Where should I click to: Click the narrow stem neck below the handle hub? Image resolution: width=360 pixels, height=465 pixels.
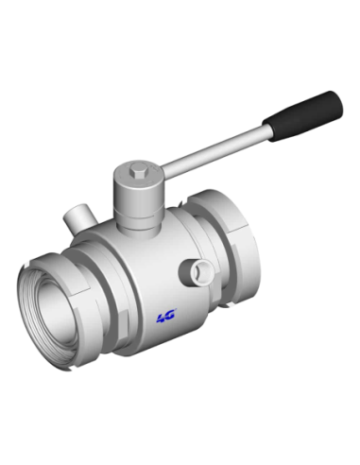click(x=138, y=228)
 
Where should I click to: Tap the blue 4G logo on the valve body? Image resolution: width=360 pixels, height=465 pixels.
click(x=166, y=316)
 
